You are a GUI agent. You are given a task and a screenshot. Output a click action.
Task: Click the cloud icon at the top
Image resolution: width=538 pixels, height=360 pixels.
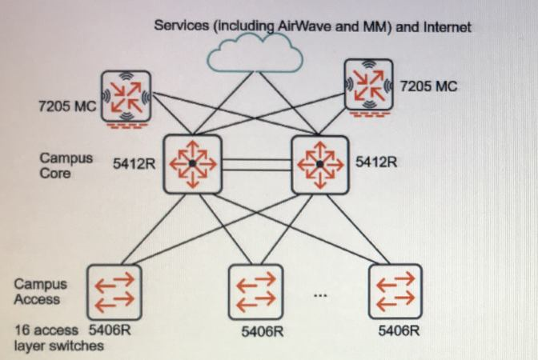(255, 54)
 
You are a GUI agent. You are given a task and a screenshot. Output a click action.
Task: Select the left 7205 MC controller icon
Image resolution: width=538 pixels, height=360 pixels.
(126, 98)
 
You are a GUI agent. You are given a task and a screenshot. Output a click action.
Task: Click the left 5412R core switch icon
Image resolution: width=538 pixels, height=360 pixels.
(192, 163)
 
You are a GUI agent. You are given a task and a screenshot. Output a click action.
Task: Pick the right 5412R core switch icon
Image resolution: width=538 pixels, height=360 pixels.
(320, 163)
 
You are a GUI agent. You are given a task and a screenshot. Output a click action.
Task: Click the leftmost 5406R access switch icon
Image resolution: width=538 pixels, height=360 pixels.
(114, 292)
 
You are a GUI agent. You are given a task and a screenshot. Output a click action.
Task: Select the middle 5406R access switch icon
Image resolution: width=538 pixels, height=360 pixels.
(255, 291)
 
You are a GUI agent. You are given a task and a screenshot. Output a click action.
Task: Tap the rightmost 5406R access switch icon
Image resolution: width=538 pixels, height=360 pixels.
(395, 291)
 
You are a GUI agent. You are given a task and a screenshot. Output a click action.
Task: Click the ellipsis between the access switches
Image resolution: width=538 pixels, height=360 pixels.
(320, 297)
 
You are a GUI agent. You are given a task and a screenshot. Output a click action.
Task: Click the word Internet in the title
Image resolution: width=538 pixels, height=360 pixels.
(446, 26)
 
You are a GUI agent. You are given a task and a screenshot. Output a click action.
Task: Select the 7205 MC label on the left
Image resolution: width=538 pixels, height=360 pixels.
(66, 106)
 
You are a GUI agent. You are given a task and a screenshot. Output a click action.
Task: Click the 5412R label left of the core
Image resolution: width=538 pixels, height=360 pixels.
(134, 163)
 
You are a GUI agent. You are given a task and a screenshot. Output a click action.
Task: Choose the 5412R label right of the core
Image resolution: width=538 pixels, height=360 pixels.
(376, 162)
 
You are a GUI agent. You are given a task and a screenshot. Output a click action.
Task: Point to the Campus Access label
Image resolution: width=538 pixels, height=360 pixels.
(41, 291)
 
